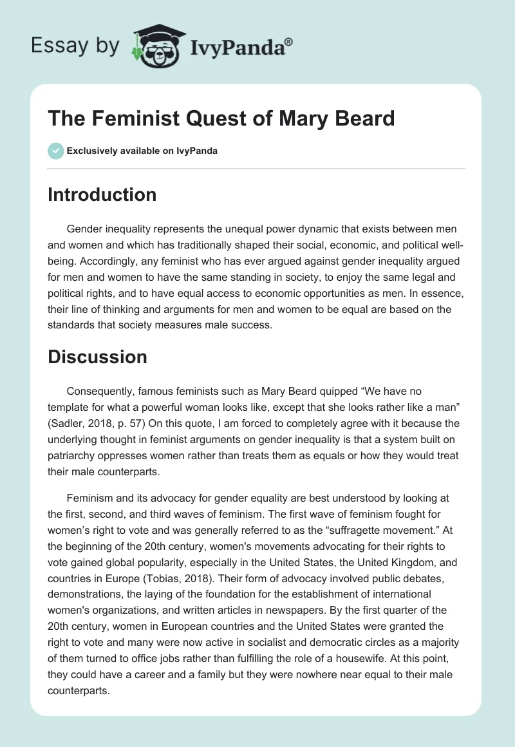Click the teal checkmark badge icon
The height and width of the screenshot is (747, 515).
pyautogui.click(x=55, y=151)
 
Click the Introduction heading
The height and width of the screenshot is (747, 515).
pyautogui.click(x=102, y=194)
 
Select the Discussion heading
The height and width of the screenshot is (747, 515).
pyautogui.click(x=97, y=356)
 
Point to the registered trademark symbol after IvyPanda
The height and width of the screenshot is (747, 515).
pyautogui.click(x=289, y=41)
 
